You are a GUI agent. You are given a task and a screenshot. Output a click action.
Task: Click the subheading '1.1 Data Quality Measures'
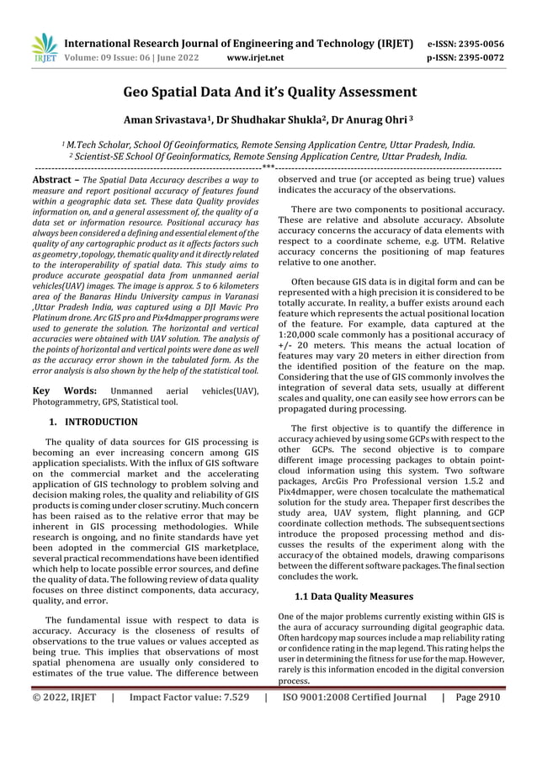click(x=354, y=597)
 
